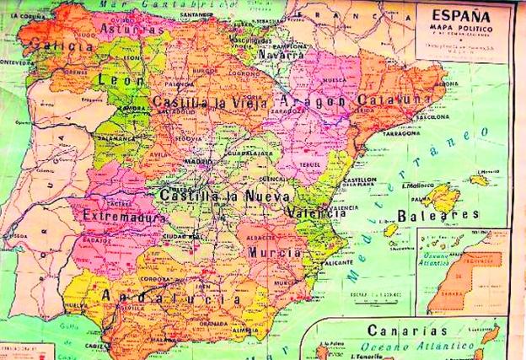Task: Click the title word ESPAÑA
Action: pyautogui.click(x=461, y=15)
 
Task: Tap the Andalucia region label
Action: pyautogui.click(x=170, y=297)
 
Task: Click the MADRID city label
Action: pyautogui.click(x=199, y=161)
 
